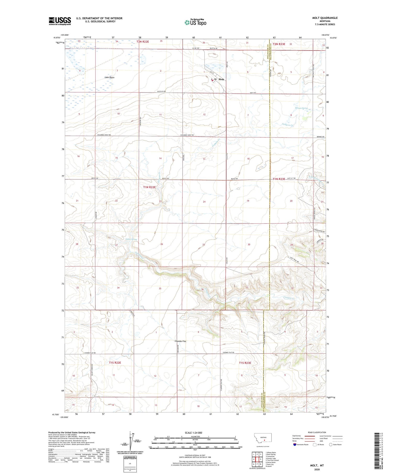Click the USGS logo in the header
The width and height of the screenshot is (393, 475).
coord(60,21)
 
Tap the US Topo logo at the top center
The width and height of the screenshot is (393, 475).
coord(195,22)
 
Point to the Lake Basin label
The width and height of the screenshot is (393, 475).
coord(109,78)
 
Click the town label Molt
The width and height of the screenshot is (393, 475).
coord(221,79)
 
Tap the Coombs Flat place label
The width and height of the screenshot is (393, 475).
coord(180,341)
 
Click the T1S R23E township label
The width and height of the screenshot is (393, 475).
coord(245,363)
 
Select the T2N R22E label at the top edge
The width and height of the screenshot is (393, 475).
coord(143,41)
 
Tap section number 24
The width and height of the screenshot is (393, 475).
coord(204,201)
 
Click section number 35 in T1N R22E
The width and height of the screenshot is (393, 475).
coord(160,288)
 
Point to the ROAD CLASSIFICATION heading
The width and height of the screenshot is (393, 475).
coord(317,432)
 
